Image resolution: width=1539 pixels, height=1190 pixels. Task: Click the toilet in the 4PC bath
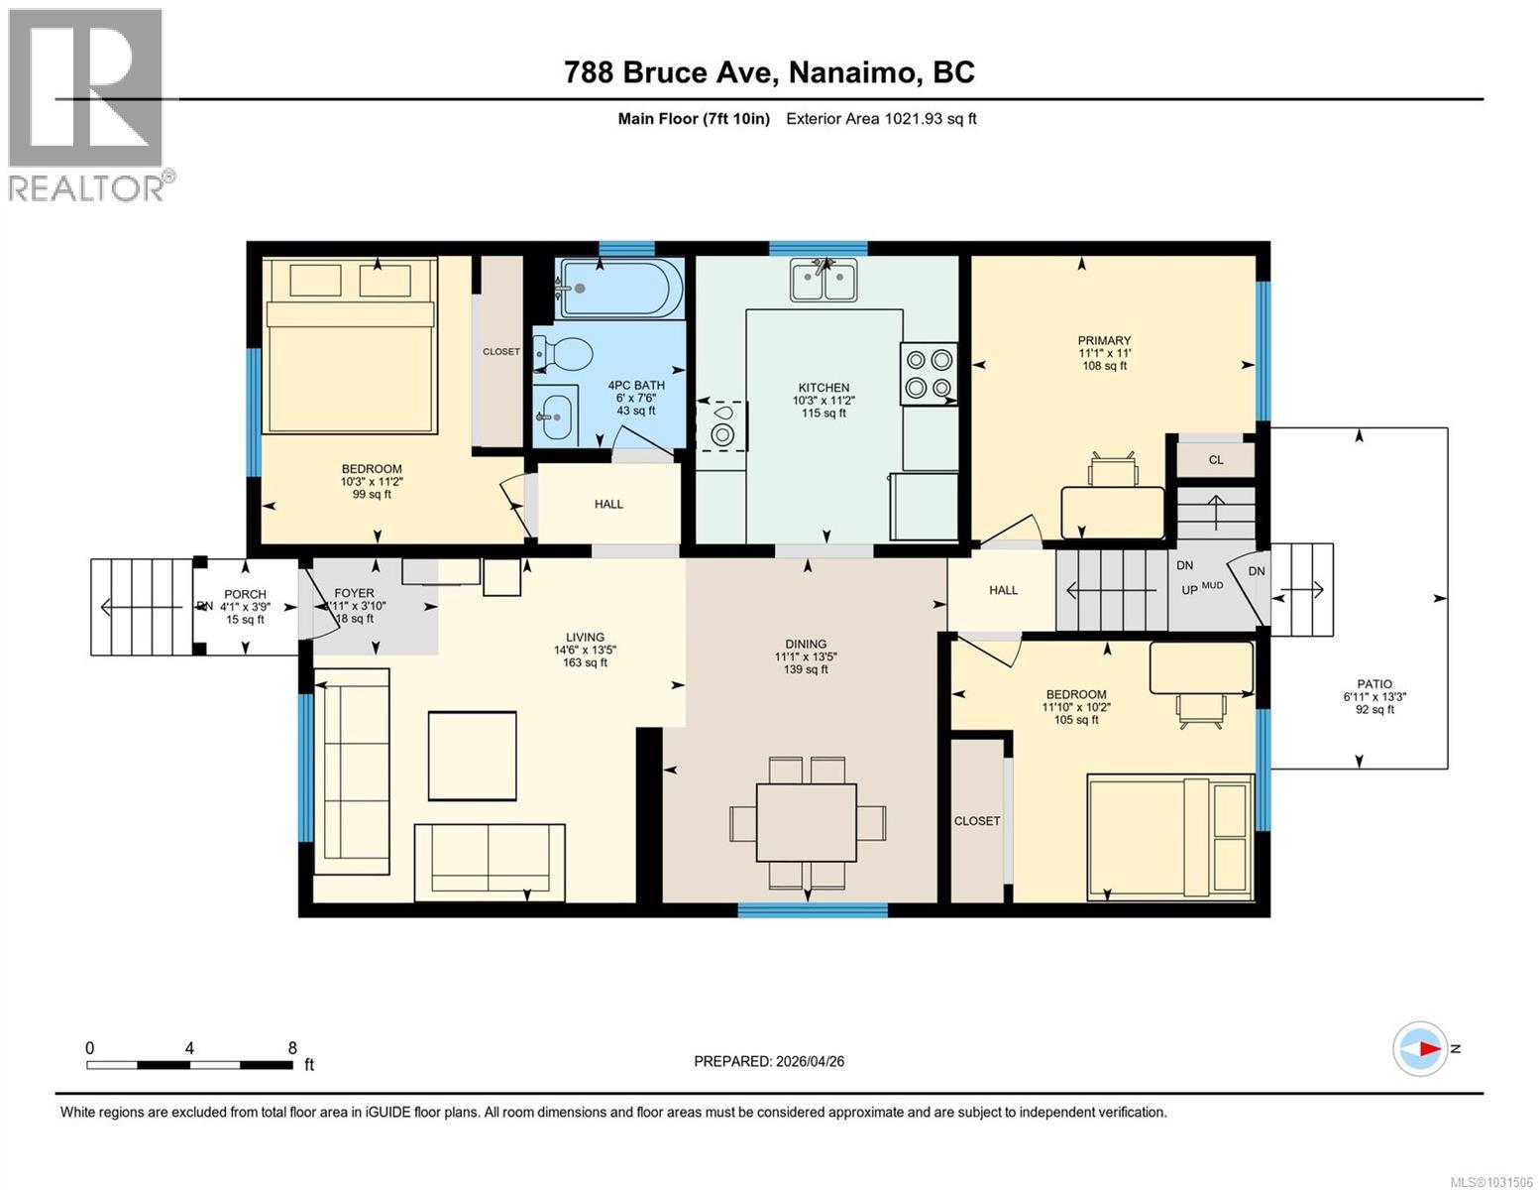[x=563, y=352]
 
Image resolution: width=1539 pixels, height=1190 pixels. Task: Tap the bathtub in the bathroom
[x=620, y=288]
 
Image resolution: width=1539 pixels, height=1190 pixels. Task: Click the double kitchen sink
[x=824, y=280]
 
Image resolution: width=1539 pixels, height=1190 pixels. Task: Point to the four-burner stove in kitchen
[x=929, y=373]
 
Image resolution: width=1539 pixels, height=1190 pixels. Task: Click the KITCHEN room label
[x=824, y=388]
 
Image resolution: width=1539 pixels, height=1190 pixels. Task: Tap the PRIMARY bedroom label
[x=1104, y=340]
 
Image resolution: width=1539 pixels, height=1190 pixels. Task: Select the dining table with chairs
[x=807, y=822]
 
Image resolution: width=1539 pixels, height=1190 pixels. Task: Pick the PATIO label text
[x=1374, y=684]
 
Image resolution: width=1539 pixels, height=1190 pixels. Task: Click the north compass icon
[x=1420, y=1048]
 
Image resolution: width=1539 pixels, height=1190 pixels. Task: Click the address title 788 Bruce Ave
[x=769, y=72]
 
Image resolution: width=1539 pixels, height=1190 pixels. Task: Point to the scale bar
[x=189, y=1064]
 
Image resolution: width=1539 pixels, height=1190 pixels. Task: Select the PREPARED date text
[x=769, y=1061]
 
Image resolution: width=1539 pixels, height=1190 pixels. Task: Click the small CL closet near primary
[x=1215, y=459]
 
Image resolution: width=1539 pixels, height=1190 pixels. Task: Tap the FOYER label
[x=354, y=593]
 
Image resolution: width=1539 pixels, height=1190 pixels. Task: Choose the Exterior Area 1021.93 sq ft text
[x=881, y=119]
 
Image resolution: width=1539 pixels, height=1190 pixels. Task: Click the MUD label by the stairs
[x=1212, y=586]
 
